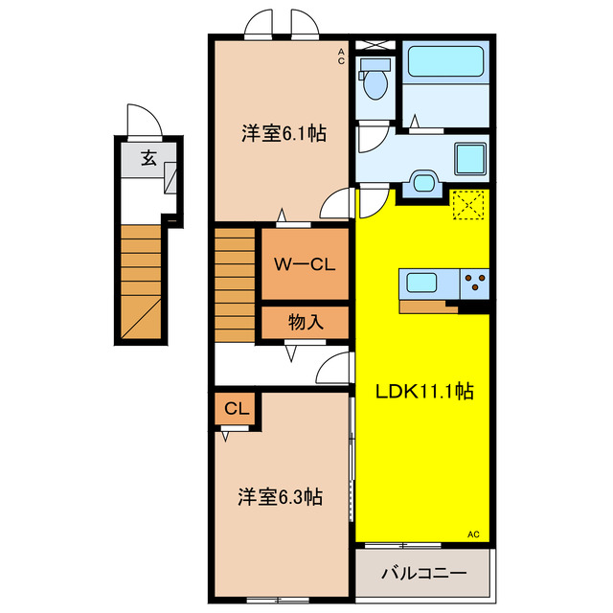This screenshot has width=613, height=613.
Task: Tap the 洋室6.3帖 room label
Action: [x=280, y=497]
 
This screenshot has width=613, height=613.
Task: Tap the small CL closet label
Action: [x=237, y=409]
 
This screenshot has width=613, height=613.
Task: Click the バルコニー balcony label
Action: [x=423, y=573]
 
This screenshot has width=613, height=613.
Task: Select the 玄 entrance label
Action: [x=149, y=159]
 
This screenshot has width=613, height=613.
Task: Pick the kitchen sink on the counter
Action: [x=421, y=283]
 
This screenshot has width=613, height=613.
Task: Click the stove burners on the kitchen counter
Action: [x=474, y=283]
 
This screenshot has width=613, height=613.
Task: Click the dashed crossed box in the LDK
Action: [x=468, y=205]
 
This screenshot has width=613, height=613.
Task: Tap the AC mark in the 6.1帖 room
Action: [x=340, y=57]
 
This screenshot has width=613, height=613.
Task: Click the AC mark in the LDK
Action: [x=473, y=534]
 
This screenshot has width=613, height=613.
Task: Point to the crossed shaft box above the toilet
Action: [x=375, y=44]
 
